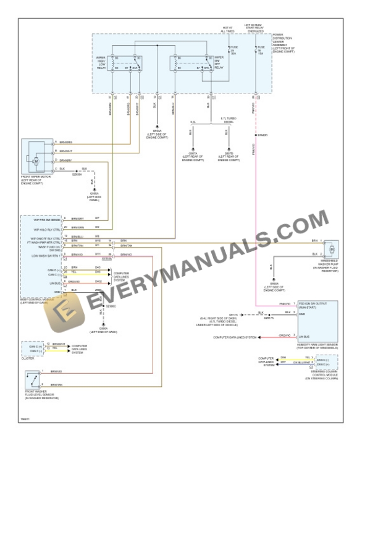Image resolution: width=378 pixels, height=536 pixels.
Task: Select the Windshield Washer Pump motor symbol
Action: click(332, 249)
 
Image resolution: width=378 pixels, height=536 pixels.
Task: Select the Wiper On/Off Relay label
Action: click(217, 61)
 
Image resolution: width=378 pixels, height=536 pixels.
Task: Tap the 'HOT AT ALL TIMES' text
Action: click(227, 29)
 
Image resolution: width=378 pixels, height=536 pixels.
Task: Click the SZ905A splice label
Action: click(77, 175)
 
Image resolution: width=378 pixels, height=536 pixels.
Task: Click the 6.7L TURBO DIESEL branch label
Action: click(229, 119)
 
